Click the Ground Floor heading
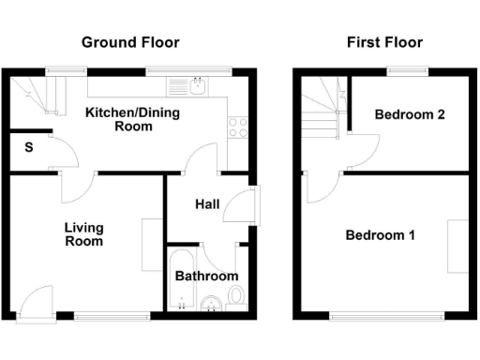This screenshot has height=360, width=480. tap(130, 42)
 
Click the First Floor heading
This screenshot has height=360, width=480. tap(384, 42)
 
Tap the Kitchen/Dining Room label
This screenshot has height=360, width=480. tap(132, 119)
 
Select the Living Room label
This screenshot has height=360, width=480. tap(83, 234)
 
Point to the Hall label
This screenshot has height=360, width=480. tap(207, 204)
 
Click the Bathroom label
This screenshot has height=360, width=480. tap(206, 277)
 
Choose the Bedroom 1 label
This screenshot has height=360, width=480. tap(380, 235)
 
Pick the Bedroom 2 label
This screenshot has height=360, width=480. tap(409, 115)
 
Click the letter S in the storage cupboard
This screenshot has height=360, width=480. tap(29, 148)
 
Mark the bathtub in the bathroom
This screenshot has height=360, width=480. tap(180, 279)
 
